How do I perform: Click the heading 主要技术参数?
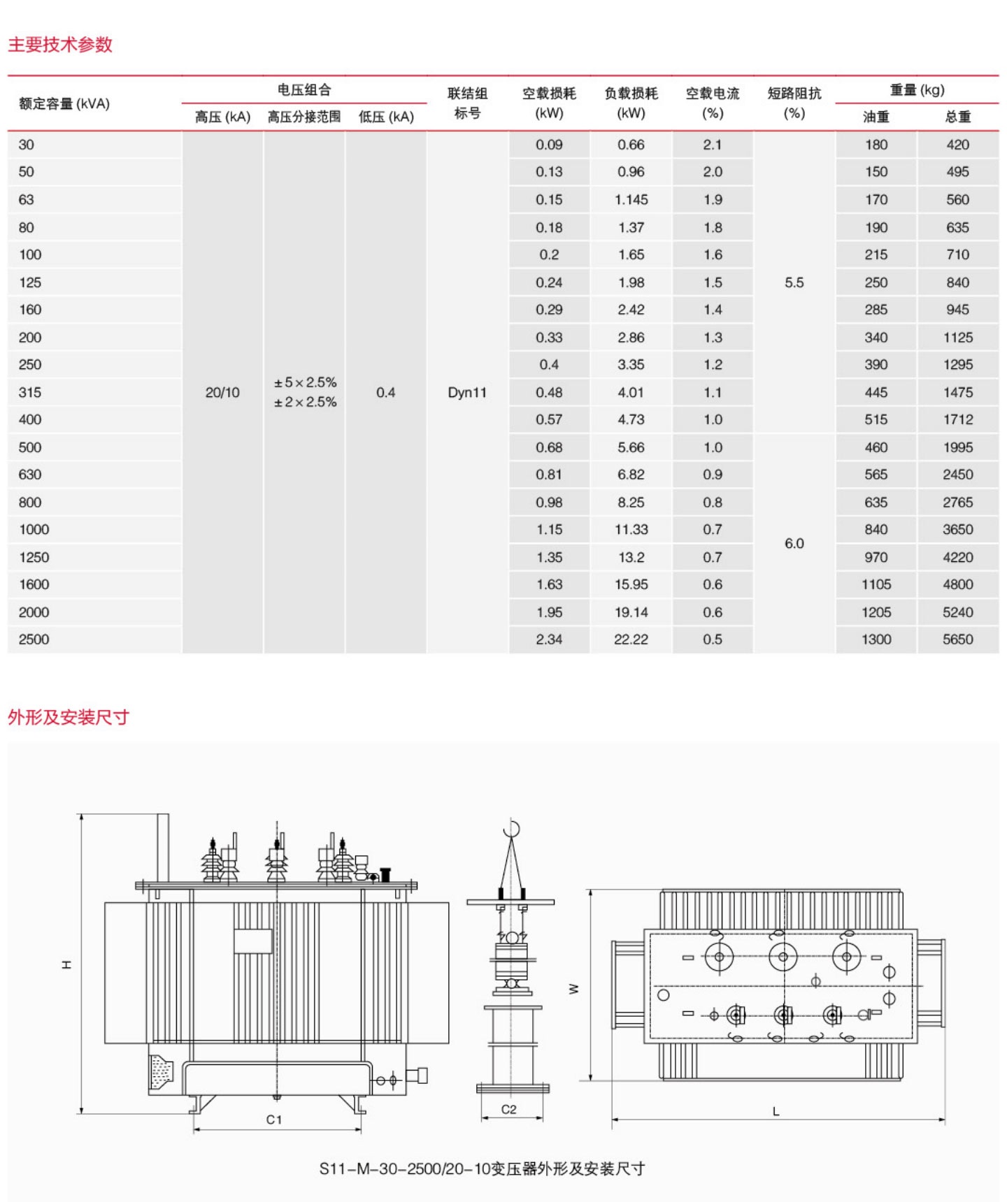[60, 45]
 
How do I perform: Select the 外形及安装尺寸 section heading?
[69, 717]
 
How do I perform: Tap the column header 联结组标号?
[467, 103]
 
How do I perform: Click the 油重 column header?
[876, 117]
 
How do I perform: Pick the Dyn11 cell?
[467, 392]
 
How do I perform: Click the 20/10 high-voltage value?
[222, 392]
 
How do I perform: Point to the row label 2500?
[34, 639]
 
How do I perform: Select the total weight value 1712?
[957, 419]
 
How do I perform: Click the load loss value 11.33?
[631, 529]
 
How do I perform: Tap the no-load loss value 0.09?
[549, 145]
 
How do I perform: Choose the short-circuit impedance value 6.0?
[794, 543]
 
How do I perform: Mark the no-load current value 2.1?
[713, 145]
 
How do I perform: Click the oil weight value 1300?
[876, 639]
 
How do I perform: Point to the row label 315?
[30, 392]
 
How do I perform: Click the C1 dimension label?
[274, 1119]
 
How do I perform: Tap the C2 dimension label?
[508, 1109]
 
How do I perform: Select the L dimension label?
[776, 1111]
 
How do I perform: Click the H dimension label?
[66, 964]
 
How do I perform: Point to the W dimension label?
[574, 988]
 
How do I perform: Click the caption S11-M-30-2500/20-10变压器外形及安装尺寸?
[482, 1168]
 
